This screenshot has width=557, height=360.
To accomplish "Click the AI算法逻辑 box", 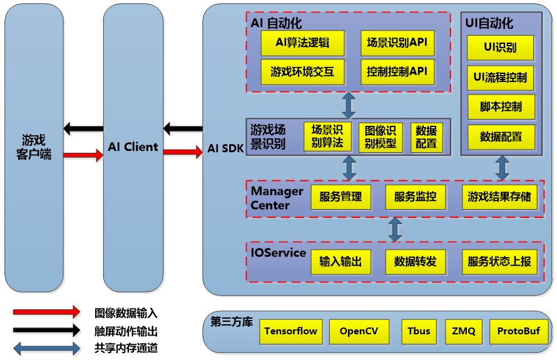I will click(303, 43).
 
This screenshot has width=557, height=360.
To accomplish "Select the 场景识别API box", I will click(397, 43).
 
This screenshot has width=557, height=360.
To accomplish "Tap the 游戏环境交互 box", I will click(303, 72).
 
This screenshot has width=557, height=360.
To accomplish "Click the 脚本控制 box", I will click(501, 107).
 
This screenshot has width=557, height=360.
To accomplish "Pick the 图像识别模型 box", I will click(381, 137).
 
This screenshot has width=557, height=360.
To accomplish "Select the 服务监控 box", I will click(415, 197).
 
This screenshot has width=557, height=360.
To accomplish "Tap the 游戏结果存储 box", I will click(499, 197).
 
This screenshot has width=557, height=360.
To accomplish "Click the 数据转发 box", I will click(415, 262).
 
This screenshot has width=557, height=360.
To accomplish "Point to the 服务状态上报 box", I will click(499, 262).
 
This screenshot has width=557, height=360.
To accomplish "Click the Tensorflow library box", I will click(290, 331).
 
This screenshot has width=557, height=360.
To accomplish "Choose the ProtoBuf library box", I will click(518, 331).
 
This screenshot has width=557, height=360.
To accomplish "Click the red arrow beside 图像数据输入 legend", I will click(46, 312).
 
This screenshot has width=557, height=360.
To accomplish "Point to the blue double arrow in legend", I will click(46, 348).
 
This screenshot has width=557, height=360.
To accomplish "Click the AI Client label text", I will click(133, 148).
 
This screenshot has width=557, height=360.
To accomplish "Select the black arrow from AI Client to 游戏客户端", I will click(83, 129).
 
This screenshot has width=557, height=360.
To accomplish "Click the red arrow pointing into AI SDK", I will click(183, 152).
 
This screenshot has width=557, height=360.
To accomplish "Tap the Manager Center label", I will click(277, 198).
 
